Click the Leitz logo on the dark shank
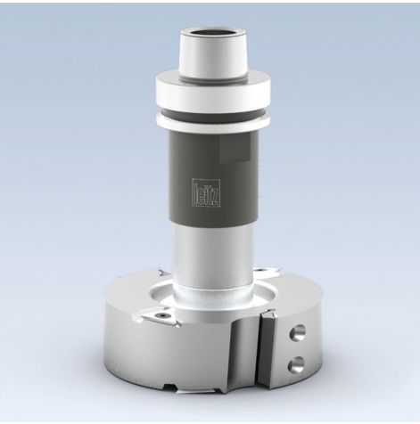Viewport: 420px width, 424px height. [x=207, y=192]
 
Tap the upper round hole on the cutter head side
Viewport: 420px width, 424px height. [x=297, y=332]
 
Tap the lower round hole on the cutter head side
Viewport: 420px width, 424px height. [x=296, y=364]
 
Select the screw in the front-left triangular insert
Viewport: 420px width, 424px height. [x=163, y=314]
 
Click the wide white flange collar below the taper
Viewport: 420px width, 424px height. [x=213, y=90]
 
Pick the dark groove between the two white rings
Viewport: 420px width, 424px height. [x=213, y=114]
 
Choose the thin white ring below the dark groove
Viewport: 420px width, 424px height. [x=213, y=124]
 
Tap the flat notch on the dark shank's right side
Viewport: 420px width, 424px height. [x=235, y=149]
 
